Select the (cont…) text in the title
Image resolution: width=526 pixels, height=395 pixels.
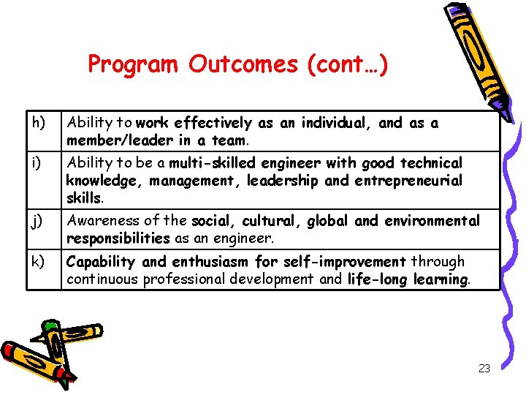(348, 65)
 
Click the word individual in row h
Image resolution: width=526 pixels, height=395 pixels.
(340, 123)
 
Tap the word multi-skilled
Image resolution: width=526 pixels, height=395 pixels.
(211, 163)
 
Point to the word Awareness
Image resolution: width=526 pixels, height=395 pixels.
(99, 221)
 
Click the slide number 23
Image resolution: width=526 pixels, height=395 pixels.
(484, 369)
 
